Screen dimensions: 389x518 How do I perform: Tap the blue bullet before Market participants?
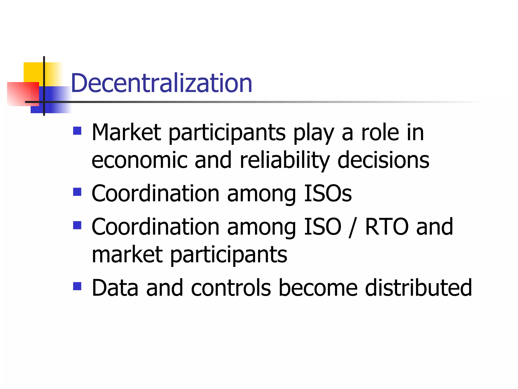tap(77, 131)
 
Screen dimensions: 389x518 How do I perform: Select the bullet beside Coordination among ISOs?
tap(77, 192)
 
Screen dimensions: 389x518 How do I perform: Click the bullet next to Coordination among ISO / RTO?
tap(77, 225)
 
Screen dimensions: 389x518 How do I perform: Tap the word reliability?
tap(285, 160)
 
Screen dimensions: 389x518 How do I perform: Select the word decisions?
tap(383, 160)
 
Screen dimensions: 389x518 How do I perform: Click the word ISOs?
tap(328, 193)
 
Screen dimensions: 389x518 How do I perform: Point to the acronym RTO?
tap(387, 227)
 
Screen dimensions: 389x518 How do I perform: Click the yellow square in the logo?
tap(33, 72)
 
